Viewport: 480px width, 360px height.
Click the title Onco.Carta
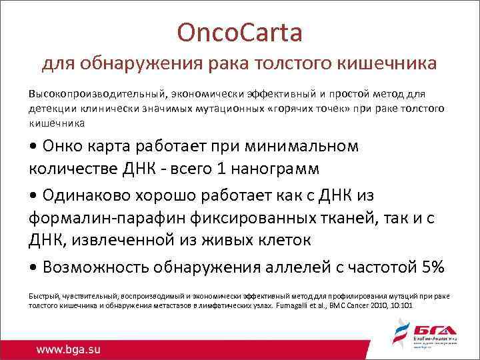239,31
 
